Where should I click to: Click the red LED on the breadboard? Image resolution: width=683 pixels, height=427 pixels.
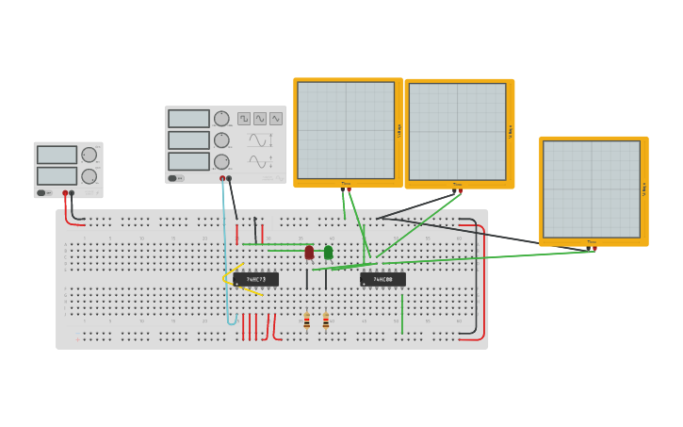coord(309,252)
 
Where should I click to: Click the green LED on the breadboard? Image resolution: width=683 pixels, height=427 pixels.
coord(328,252)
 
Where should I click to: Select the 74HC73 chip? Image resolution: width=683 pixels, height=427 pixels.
coord(256,279)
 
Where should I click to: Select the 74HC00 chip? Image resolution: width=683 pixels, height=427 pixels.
coord(382,279)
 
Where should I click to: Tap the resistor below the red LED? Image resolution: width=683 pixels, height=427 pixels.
coord(306,320)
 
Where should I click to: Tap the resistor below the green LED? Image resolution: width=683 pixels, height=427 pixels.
coord(326,320)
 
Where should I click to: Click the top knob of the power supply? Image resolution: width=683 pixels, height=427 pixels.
coord(89,156)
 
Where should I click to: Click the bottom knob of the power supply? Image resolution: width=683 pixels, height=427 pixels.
coord(89,176)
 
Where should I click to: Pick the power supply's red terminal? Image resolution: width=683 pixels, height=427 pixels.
coord(65,193)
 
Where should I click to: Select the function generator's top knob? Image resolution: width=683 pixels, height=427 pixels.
coord(221,119)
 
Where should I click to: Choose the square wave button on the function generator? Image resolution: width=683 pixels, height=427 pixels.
coord(244,119)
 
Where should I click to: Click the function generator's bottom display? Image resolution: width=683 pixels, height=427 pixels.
coord(188,162)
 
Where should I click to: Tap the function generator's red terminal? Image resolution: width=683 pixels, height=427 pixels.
coord(222,178)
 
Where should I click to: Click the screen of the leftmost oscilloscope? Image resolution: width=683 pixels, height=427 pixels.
coord(346,130)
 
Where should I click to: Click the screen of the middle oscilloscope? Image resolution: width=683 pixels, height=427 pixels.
coord(457,131)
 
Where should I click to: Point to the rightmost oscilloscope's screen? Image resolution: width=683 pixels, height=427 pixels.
coord(591,189)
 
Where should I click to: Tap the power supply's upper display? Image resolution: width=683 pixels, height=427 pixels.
coord(57,155)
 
